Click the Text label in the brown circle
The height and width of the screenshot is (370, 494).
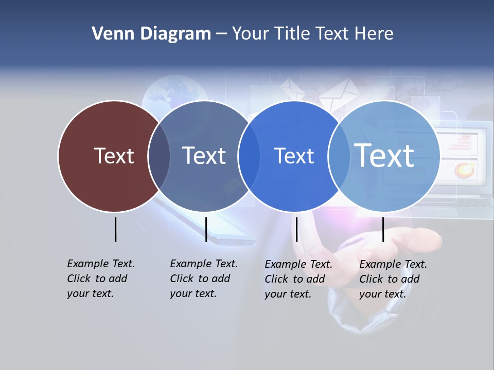pos(114,156)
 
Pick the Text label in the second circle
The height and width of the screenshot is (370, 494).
pos(204,156)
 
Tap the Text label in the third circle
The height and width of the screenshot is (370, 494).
pos(294,156)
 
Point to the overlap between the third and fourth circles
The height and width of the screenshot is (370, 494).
pos(339,156)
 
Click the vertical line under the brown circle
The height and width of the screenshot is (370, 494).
pos(116,229)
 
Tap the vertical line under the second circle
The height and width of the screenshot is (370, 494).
pos(206,229)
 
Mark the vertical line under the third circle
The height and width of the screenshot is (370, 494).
pos(296,229)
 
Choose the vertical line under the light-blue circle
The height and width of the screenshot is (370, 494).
pos(383,229)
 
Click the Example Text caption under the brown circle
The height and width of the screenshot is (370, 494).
pos(100,279)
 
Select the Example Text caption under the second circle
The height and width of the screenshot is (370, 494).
pos(203,279)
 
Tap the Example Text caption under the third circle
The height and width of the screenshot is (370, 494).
pos(298,279)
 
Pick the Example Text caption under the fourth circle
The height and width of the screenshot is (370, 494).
pos(393,279)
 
